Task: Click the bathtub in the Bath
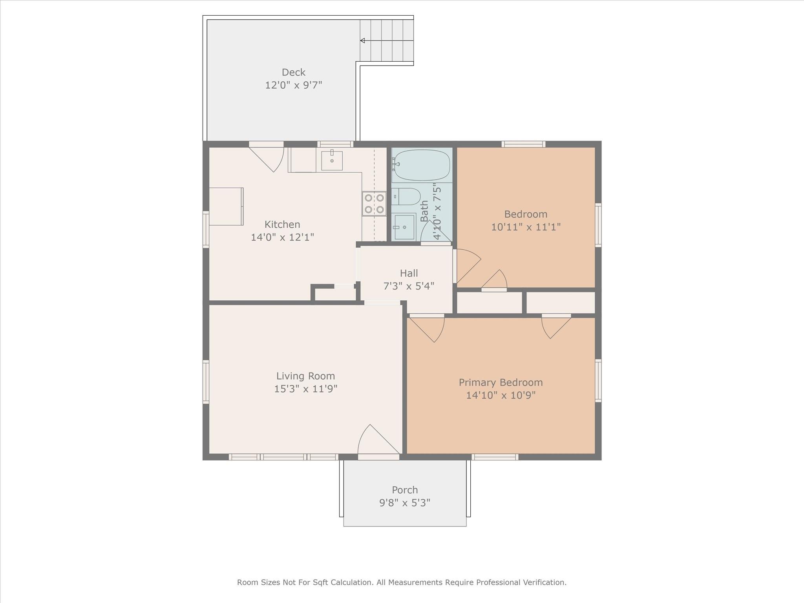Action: click(x=422, y=165)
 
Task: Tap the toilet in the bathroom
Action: click(x=406, y=196)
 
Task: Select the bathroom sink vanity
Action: click(x=404, y=227)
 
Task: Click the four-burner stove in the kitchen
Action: click(x=374, y=204)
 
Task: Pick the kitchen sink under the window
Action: click(x=332, y=161)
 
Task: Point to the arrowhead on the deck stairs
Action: click(x=363, y=40)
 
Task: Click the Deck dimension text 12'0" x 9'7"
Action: click(x=294, y=85)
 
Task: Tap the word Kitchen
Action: click(x=282, y=225)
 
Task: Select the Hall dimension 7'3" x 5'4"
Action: click(x=409, y=286)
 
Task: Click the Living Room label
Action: click(x=305, y=376)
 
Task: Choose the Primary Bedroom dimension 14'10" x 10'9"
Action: click(x=501, y=395)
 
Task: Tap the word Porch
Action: click(x=405, y=490)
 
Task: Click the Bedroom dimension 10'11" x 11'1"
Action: click(x=526, y=227)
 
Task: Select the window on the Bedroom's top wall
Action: click(x=523, y=144)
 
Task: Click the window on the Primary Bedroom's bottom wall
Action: click(x=495, y=457)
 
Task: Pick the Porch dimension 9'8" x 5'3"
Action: click(x=405, y=502)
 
